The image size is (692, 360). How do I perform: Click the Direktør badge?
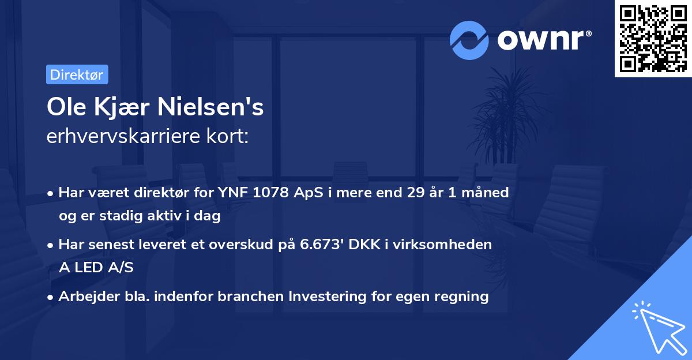77,74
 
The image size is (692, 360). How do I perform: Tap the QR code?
653,38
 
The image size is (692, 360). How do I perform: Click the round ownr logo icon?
469,40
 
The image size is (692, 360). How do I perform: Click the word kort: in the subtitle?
230,137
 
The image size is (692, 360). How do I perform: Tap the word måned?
485,193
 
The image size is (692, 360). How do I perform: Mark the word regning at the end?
461,297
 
